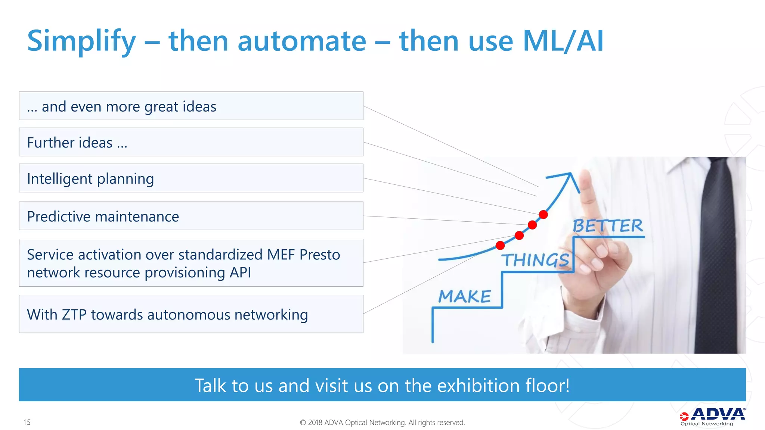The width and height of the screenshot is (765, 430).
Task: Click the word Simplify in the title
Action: coord(81,41)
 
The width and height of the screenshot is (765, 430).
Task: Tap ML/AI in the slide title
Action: coord(563,41)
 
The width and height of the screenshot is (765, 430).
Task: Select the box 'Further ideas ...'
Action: coord(191,142)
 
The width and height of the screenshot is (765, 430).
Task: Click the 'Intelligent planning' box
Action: coord(191,178)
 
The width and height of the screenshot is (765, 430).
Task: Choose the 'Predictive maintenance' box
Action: coord(191,216)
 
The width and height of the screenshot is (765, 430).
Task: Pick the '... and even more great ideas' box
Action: coord(191,106)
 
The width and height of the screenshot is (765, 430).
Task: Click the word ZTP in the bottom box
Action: coord(75,315)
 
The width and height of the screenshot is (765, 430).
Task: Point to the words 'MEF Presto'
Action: coord(303,255)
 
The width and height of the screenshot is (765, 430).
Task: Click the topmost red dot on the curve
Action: coord(543,215)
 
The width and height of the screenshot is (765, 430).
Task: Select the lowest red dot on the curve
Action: coord(500,245)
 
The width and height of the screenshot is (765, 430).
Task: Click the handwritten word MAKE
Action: coord(465,297)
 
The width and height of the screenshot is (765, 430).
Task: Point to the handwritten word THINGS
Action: coord(535,260)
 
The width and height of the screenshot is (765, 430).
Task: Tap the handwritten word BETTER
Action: coord(608,226)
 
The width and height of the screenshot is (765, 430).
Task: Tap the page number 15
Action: coord(27,422)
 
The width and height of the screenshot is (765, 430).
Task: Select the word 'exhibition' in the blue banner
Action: coord(478,385)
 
